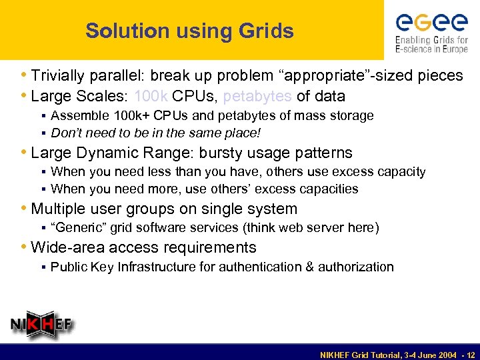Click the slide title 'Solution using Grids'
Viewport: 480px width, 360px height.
click(x=189, y=31)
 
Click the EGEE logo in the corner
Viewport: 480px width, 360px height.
click(x=431, y=31)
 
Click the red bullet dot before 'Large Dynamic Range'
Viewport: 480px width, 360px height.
click(x=25, y=153)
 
